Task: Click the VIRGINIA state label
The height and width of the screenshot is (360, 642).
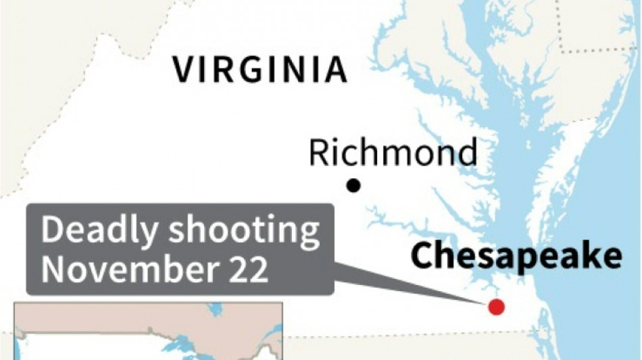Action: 260,70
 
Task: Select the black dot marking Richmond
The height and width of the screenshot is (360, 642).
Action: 353,186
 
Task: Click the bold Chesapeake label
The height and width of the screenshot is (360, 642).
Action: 516,257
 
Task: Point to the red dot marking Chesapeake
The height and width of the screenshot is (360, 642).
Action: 497,307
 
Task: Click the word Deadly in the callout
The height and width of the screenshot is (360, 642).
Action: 100,232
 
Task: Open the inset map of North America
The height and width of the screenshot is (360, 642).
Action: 149,331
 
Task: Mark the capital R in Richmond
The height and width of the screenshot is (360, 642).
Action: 320,153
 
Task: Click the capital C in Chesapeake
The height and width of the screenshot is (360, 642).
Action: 422,257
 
